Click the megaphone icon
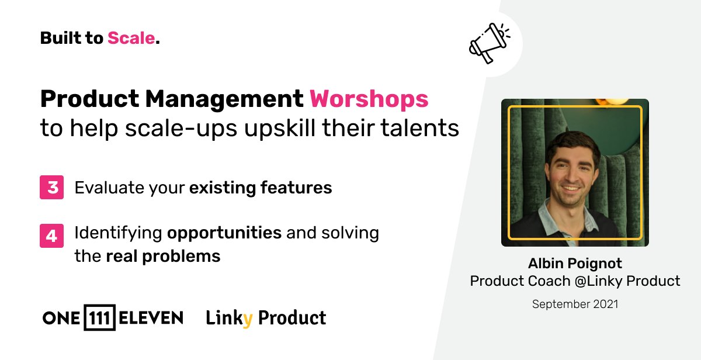tap(488, 43)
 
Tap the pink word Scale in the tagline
tap(131, 39)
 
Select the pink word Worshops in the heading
tap(369, 99)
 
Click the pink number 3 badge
tap(52, 188)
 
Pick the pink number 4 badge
tap(52, 236)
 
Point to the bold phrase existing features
tap(261, 188)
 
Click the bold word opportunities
tap(224, 233)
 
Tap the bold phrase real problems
tap(163, 256)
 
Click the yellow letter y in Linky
tap(248, 320)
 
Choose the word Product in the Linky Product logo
tap(291, 318)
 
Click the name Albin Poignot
tap(575, 263)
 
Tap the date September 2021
tap(575, 304)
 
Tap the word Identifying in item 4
tap(118, 233)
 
